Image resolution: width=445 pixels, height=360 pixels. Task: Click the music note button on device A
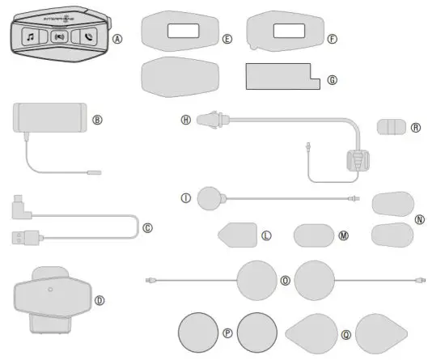tap(31, 36)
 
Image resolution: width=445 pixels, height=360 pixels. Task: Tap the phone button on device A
tap(87, 36)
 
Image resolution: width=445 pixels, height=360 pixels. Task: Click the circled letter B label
tap(97, 120)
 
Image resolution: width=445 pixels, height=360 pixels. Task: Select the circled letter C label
tap(147, 227)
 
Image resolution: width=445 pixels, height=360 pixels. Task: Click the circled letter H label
tap(185, 119)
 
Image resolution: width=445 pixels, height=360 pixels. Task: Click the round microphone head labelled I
tap(210, 197)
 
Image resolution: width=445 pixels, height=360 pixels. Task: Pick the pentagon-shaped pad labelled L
tap(237, 235)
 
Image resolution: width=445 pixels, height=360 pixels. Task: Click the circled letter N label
tap(418, 218)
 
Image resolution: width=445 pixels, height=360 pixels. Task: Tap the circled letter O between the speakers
tap(285, 280)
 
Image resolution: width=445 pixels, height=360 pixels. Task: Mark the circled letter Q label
tap(345, 332)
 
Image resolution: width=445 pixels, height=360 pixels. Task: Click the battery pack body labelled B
tap(50, 115)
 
